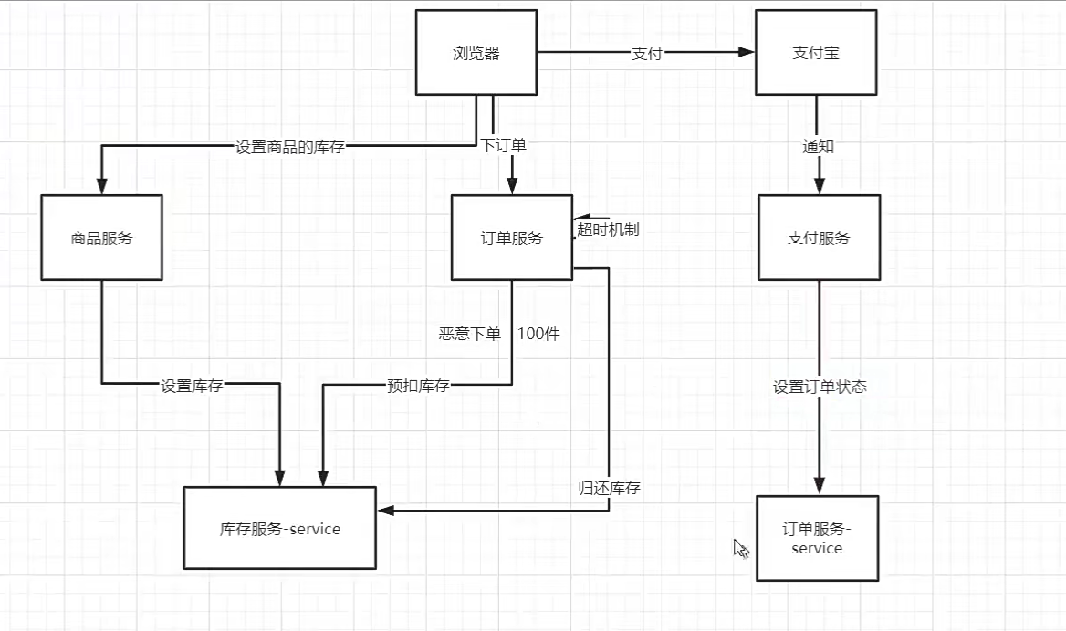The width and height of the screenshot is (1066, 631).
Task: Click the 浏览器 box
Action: pyautogui.click(x=476, y=53)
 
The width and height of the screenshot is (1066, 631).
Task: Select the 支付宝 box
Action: pyautogui.click(x=816, y=53)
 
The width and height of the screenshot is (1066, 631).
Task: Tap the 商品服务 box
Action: pyautogui.click(x=101, y=237)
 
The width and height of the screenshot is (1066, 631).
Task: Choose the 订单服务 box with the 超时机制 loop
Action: pyautogui.click(x=512, y=237)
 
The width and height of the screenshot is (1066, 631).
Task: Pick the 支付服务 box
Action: pyautogui.click(x=819, y=237)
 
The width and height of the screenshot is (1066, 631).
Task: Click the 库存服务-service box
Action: pyautogui.click(x=280, y=528)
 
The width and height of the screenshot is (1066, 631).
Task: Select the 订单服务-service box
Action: pyautogui.click(x=817, y=538)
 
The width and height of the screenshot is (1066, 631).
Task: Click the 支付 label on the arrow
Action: pyautogui.click(x=646, y=53)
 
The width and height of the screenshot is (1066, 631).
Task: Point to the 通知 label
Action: pyautogui.click(x=818, y=146)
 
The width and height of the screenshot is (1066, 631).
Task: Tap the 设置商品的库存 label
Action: pyautogui.click(x=290, y=146)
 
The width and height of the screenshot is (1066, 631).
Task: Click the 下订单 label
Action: pyautogui.click(x=503, y=145)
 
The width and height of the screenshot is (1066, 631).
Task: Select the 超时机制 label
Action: pyautogui.click(x=608, y=229)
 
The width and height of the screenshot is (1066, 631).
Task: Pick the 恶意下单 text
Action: pyautogui.click(x=470, y=334)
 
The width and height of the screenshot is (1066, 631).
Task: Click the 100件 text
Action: pyautogui.click(x=538, y=334)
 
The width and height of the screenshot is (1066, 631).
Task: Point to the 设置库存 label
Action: pyautogui.click(x=192, y=386)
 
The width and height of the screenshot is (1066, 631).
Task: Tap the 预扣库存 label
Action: pyautogui.click(x=418, y=386)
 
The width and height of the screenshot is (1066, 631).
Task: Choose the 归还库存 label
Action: pyautogui.click(x=609, y=488)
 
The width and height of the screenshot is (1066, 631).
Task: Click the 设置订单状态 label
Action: pyautogui.click(x=820, y=387)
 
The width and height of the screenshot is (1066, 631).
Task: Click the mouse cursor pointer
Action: pyautogui.click(x=740, y=547)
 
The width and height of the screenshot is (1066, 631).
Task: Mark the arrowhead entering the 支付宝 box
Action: pyautogui.click(x=747, y=53)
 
